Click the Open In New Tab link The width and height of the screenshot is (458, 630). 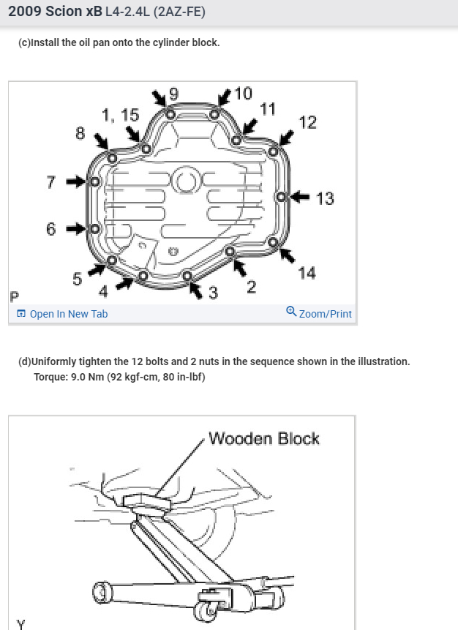coord(62,314)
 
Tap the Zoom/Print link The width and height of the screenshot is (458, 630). coord(319,313)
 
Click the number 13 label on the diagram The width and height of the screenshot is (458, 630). coord(325,198)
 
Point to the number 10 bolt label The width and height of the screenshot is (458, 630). coord(243,93)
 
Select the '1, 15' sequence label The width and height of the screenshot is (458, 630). coord(120,115)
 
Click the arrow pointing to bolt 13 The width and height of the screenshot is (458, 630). coord(301,197)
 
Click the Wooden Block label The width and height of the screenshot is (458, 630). coord(264,438)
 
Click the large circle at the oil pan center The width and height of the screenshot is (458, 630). coord(187,181)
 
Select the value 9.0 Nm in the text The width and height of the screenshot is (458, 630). coord(91,377)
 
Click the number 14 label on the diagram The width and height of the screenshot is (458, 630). coord(307,273)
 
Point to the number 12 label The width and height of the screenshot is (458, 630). coord(308,122)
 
